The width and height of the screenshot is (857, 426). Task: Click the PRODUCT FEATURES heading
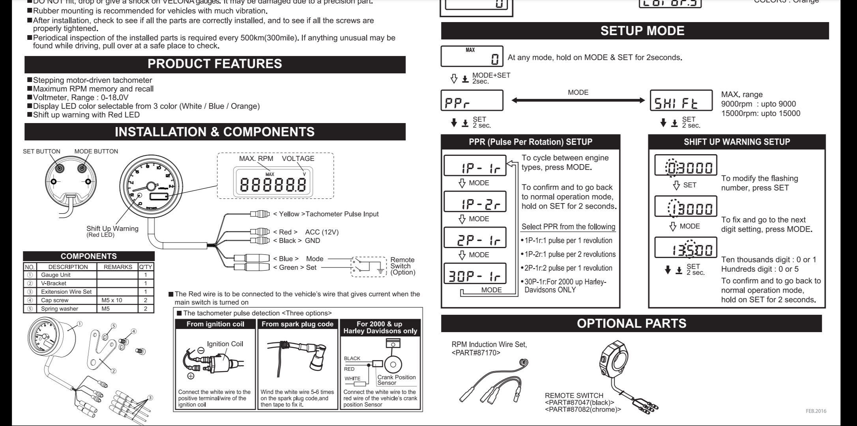click(215, 64)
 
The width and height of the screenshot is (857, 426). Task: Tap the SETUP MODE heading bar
click(642, 31)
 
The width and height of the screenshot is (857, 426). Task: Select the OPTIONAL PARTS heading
click(631, 323)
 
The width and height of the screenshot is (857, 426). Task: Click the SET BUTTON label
click(41, 151)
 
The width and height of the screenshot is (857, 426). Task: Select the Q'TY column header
click(146, 267)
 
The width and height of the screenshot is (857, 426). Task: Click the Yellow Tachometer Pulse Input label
click(326, 214)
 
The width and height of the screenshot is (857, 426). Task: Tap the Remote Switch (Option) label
click(402, 266)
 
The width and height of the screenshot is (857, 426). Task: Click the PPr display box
click(472, 101)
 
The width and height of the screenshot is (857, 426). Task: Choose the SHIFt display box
click(681, 101)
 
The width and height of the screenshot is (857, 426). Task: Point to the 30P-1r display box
click(475, 274)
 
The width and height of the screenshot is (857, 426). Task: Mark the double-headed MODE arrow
click(578, 100)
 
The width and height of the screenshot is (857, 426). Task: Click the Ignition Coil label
click(225, 344)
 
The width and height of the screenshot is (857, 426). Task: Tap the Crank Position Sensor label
click(396, 380)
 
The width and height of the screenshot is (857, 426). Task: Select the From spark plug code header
click(298, 324)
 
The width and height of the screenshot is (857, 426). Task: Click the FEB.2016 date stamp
click(816, 411)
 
